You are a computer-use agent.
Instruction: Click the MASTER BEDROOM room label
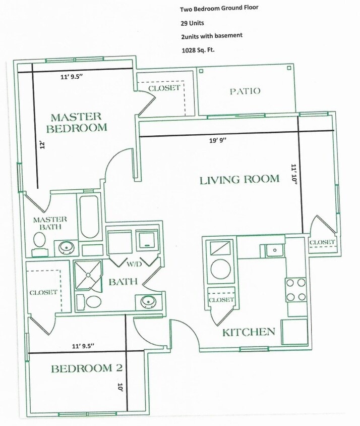[77, 122]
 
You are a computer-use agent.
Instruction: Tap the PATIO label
[245, 91]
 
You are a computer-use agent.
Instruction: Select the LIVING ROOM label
[239, 179]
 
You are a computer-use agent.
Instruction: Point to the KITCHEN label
[249, 332]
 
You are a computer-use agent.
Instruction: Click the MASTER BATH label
[50, 223]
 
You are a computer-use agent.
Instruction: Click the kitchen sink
[272, 249]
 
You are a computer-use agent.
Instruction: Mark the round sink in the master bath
[65, 248]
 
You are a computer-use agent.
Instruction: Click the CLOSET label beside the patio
[164, 88]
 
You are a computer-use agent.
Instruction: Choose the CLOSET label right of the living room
[322, 243]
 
